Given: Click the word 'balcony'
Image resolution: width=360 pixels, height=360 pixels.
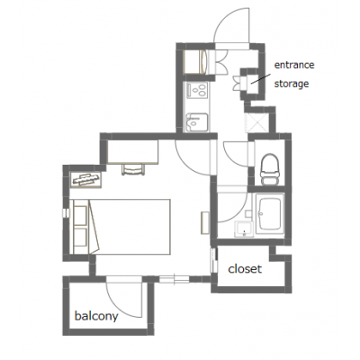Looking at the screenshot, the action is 96,316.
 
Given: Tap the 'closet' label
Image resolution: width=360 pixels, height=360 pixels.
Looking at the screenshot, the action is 245,268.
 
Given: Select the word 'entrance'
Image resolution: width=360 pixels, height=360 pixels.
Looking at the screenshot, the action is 294,65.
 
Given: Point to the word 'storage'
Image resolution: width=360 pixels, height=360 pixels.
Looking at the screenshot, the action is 292,84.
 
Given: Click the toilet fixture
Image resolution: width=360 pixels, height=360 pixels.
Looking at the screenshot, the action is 270,169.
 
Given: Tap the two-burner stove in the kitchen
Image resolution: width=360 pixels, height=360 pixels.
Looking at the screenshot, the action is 197,90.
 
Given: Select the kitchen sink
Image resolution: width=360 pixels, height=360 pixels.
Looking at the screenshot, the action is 197,122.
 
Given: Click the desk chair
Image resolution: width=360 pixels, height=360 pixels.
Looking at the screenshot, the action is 133,169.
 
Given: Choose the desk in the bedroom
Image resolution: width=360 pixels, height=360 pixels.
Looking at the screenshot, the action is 133,152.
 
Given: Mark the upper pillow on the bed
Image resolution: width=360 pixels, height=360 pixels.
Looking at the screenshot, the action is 80,215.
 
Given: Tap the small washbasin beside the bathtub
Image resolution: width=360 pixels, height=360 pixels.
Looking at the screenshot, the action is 244,229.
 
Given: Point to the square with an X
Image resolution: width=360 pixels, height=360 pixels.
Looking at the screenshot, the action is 256,122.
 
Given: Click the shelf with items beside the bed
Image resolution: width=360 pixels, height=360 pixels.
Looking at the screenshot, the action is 85,180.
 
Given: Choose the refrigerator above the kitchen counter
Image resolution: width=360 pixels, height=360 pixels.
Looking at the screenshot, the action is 194,61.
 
